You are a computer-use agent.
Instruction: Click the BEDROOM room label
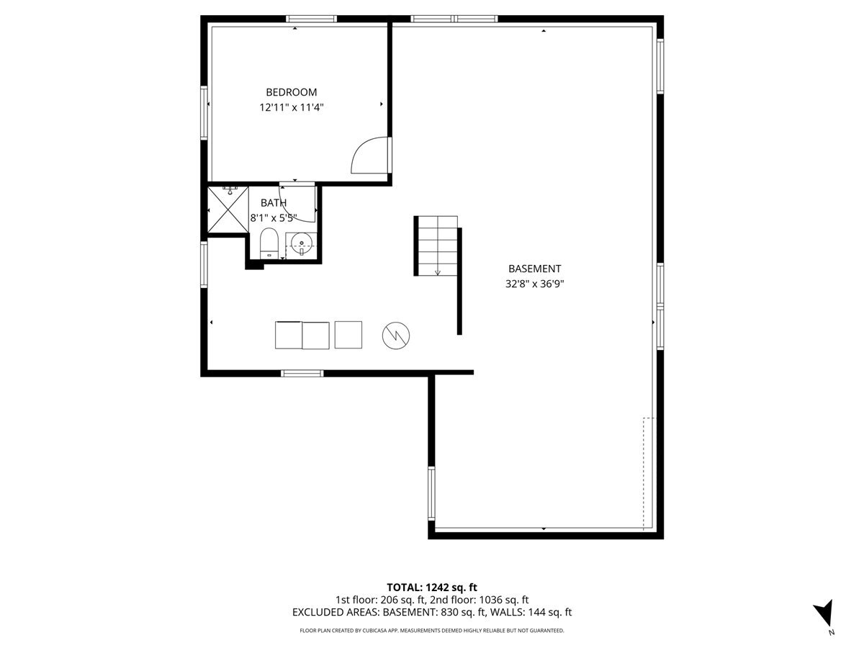pos(292,92)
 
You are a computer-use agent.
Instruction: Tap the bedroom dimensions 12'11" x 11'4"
pos(292,107)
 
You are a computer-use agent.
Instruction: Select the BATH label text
pos(274,203)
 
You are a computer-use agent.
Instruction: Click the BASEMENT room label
pos(534,269)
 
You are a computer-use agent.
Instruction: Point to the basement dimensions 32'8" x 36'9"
pos(534,284)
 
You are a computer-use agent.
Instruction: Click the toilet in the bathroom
pos(269,243)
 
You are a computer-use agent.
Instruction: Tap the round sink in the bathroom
pos(301,245)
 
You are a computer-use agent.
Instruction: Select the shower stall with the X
pos(228,210)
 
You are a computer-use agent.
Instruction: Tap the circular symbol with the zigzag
pos(396,336)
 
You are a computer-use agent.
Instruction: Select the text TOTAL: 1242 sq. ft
pos(432,588)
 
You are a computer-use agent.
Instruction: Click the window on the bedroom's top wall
pos(311,19)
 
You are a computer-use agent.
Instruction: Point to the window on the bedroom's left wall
pos(204,113)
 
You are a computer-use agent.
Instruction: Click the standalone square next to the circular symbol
pos(348,335)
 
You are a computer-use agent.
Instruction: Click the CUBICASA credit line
pos(432,631)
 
